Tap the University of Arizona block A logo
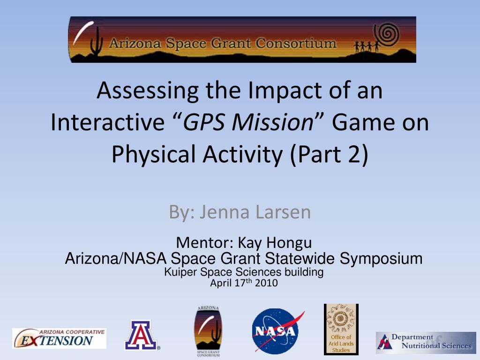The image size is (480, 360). pyautogui.click(x=142, y=335)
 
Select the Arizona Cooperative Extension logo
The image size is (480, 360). pyautogui.click(x=59, y=338)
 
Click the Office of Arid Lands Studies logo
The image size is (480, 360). pyautogui.click(x=341, y=330)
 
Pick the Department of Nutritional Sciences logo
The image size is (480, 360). pyautogui.click(x=426, y=343)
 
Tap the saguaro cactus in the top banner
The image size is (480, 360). pyautogui.click(x=97, y=41)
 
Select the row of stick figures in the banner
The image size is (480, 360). pyautogui.click(x=367, y=46)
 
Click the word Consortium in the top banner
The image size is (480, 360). pyautogui.click(x=296, y=43)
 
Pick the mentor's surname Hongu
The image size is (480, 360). pyautogui.click(x=289, y=243)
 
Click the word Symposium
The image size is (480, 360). pyautogui.click(x=381, y=258)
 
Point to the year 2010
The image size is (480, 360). pyautogui.click(x=266, y=283)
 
